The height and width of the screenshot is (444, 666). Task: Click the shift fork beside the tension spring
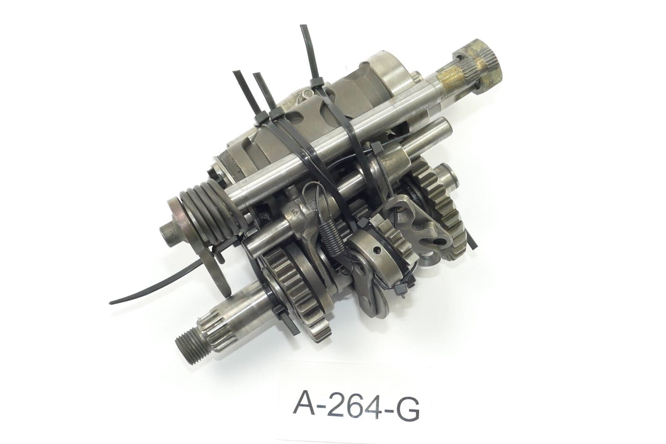(x=300, y=216)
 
